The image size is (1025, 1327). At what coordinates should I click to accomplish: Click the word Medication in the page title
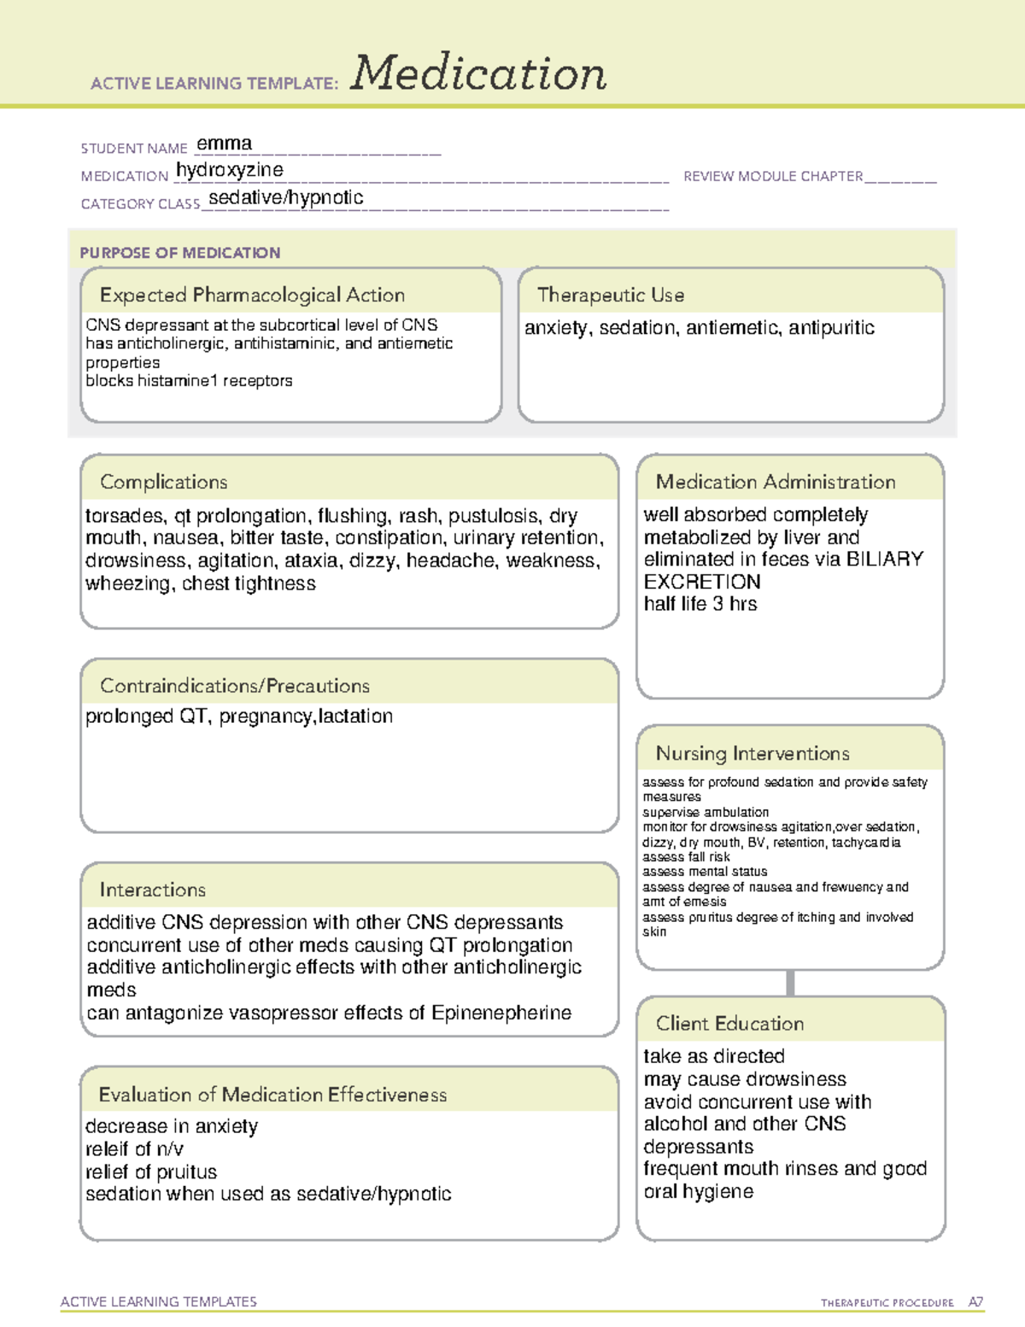point(478,73)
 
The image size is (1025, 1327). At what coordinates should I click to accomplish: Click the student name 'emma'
point(224,144)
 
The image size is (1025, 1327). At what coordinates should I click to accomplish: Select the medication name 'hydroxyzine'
point(230,170)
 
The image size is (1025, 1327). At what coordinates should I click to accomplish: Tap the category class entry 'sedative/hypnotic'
point(286,198)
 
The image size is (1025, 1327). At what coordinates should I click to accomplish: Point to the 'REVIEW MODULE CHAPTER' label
point(773,177)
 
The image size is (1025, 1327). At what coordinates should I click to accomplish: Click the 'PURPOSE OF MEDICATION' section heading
point(180,253)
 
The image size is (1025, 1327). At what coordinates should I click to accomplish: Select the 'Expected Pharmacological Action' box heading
point(252,296)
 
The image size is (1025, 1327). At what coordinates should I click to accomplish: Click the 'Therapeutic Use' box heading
point(611,296)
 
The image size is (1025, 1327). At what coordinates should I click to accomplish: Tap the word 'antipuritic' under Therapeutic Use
point(831,328)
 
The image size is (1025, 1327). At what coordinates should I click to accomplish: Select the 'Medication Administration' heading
point(776,483)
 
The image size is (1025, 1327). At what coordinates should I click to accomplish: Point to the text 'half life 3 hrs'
point(700,604)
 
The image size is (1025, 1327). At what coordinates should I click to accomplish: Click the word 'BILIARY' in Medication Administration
point(884,560)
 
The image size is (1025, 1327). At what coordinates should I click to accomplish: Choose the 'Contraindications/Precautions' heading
point(235,686)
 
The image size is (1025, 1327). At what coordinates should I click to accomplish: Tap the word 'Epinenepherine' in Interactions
point(501,1013)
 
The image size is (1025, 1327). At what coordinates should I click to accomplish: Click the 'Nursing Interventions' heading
point(753,754)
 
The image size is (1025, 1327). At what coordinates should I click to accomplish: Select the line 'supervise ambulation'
point(706,813)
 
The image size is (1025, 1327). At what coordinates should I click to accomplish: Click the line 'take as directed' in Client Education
point(714,1057)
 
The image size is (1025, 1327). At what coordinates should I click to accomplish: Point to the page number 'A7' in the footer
point(975,1302)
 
